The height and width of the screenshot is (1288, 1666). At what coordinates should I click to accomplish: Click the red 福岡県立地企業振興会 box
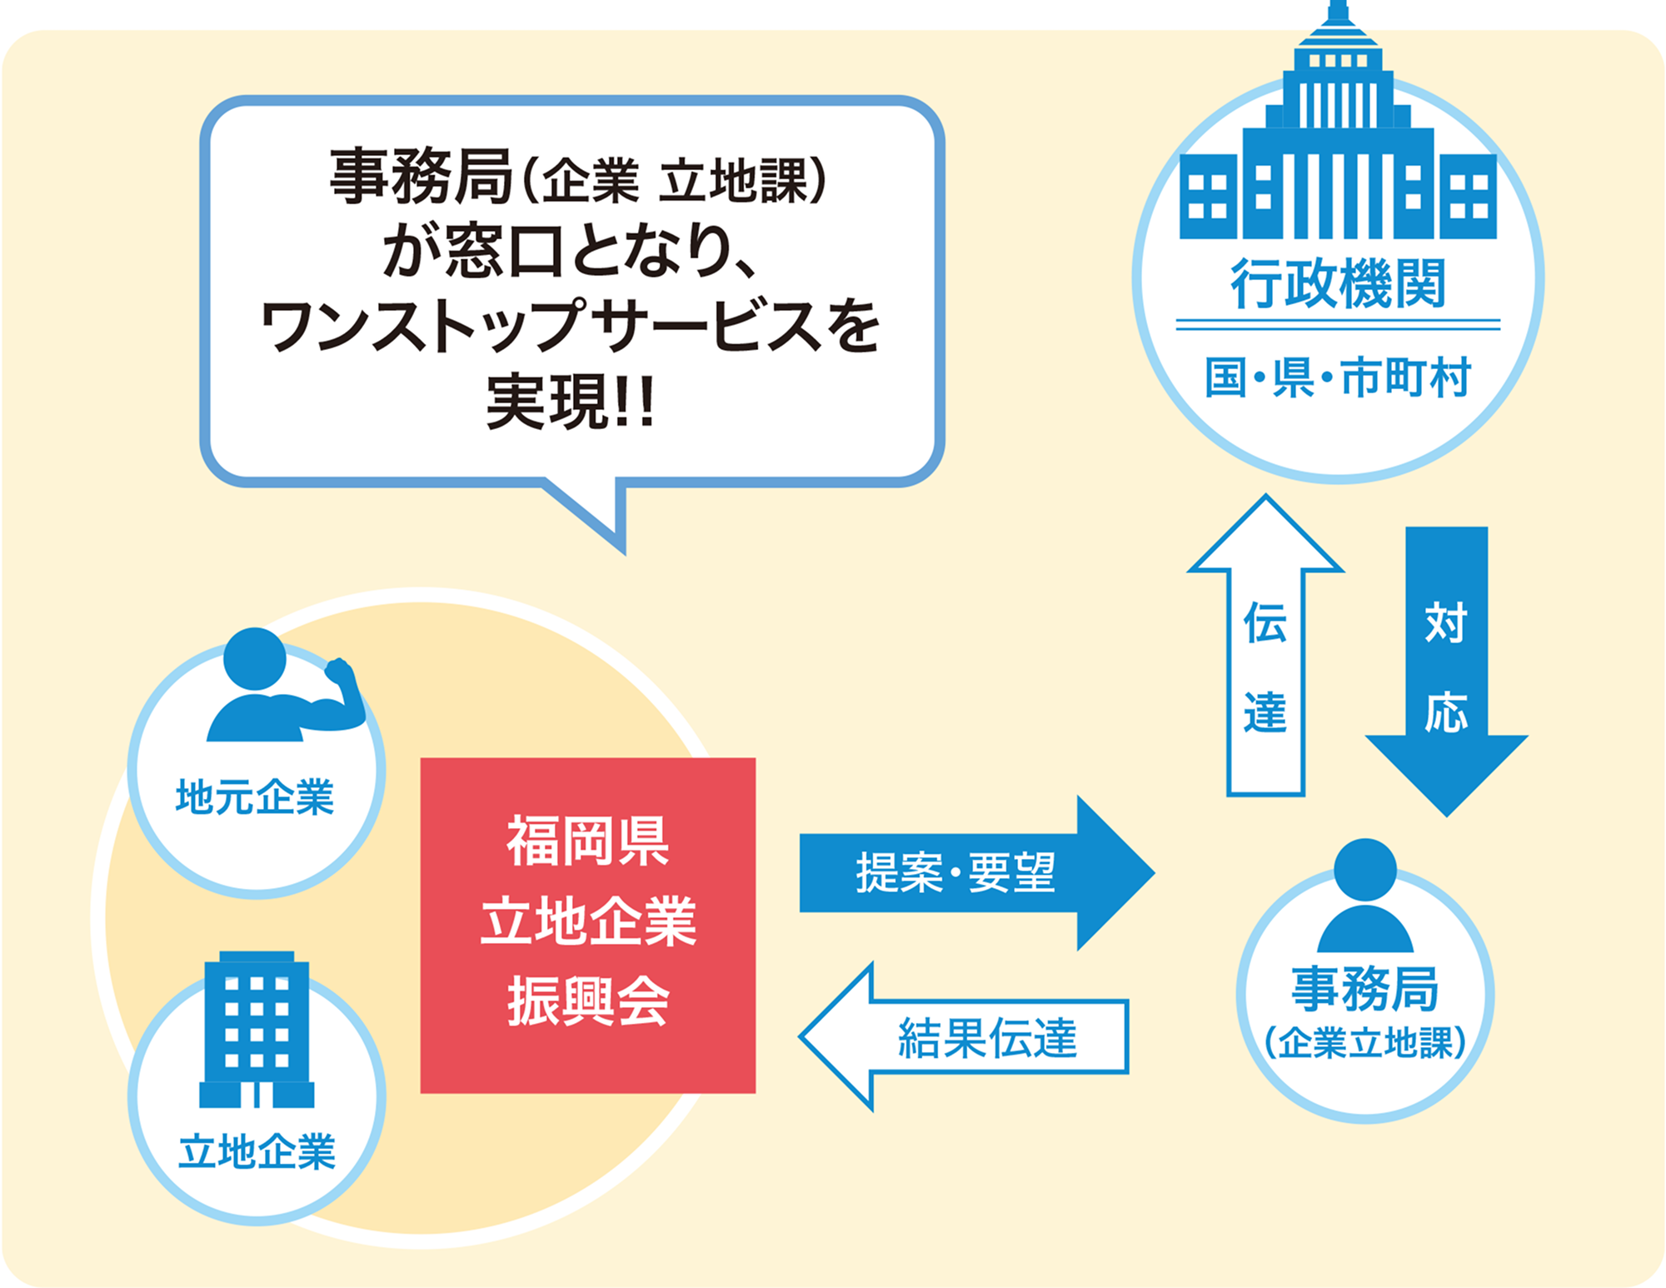[x=588, y=925]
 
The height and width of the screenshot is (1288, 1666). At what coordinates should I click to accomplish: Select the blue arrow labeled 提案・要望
[x=976, y=873]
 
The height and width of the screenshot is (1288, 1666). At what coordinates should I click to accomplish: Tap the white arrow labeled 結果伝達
[x=964, y=1036]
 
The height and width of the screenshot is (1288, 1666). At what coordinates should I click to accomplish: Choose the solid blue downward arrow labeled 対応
[x=1446, y=671]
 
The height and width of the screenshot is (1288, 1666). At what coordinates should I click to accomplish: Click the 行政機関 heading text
[x=1338, y=284]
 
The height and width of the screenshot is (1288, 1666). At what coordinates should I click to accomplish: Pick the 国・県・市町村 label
[x=1338, y=377]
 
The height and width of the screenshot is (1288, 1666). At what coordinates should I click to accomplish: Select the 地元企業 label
[x=255, y=797]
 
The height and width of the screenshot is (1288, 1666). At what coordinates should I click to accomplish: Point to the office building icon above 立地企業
[x=257, y=1029]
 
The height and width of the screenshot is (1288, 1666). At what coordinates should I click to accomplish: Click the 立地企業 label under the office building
[x=257, y=1151]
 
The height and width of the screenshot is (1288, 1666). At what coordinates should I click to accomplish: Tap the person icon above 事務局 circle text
[x=1365, y=896]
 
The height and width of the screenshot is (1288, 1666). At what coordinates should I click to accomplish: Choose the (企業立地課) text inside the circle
[x=1365, y=1042]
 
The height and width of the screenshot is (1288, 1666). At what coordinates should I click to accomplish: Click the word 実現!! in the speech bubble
[x=571, y=402]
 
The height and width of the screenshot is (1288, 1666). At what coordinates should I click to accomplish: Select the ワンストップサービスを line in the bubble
[x=571, y=326]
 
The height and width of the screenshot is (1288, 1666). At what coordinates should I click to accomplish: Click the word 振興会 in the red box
[x=588, y=1001]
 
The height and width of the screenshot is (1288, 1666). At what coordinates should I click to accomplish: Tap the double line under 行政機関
[x=1338, y=324]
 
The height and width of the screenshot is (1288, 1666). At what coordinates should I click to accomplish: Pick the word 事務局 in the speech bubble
[x=421, y=177]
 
